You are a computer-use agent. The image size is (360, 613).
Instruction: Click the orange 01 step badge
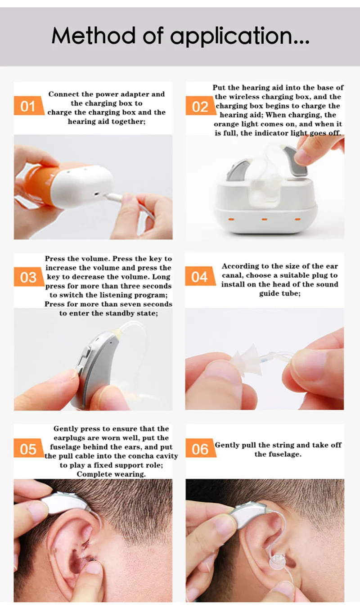point(28,107)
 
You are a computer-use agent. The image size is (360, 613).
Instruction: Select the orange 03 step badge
point(28,277)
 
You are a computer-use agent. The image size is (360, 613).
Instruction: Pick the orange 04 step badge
point(199,277)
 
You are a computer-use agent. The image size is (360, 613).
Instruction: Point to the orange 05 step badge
point(28,449)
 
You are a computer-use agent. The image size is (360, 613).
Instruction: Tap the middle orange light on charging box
point(264,219)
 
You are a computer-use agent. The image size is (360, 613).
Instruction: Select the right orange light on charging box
point(297,219)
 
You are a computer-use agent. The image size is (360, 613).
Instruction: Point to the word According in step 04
point(238,266)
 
